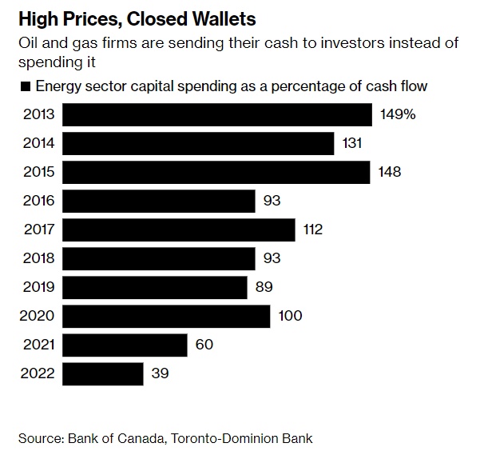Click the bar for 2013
216,115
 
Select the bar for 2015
216,173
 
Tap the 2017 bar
178,230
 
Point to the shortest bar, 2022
102,373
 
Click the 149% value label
398,115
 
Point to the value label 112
312,230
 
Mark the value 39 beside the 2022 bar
160,373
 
